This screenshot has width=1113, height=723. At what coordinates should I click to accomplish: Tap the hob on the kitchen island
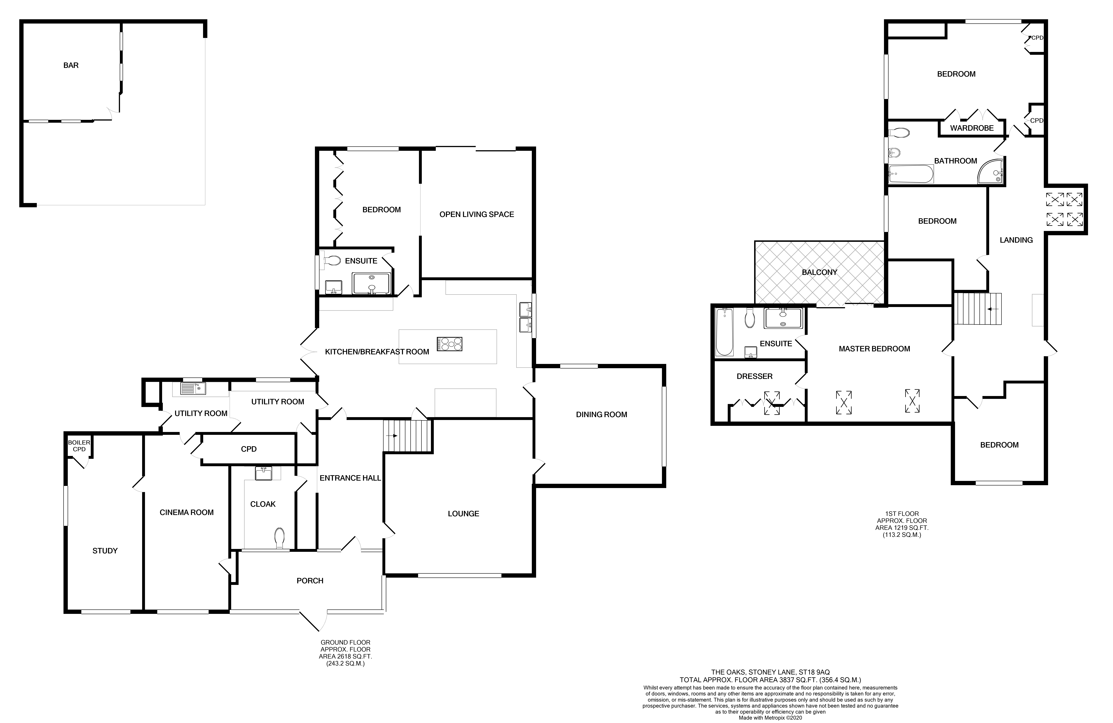(449, 344)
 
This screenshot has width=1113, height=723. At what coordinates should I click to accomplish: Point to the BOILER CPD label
(79, 446)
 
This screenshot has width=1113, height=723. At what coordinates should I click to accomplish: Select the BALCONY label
(819, 272)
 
